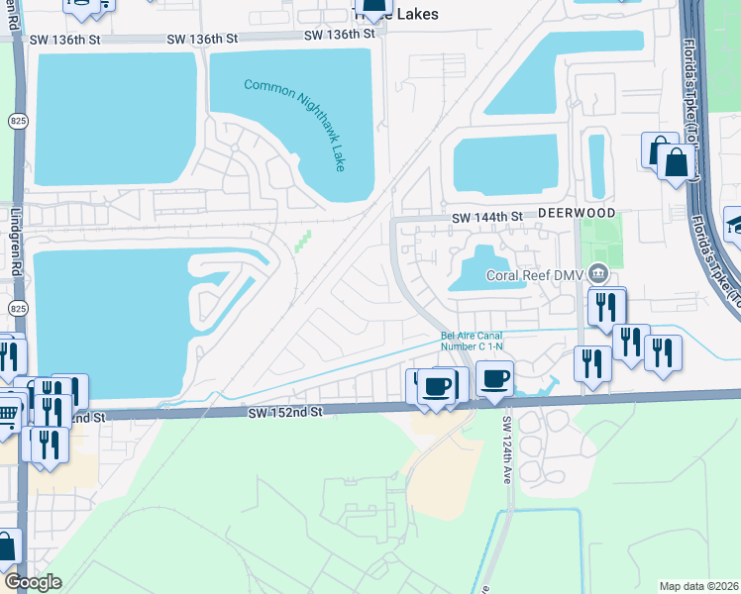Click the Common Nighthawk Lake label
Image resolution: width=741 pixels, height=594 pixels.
pos(295,125)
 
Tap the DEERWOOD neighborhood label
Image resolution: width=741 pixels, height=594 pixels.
pos(578,214)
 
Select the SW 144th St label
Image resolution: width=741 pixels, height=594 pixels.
pos(486,217)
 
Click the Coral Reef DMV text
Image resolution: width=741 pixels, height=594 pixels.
pos(534,275)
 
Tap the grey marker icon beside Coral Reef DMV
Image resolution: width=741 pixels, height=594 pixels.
pos(597,273)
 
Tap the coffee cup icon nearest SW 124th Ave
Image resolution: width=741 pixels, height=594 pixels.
pos(495,377)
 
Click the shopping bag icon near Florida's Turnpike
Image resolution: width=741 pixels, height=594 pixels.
pos(676,163)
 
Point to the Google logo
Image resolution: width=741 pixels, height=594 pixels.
pos(34,582)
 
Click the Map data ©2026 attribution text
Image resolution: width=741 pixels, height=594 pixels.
pos(696,585)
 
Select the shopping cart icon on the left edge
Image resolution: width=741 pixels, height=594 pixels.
pos(7,411)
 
